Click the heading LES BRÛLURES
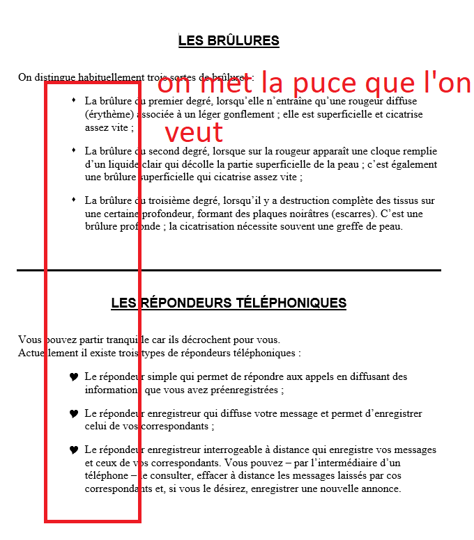coord(229,40)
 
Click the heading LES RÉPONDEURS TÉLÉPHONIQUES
coord(229,303)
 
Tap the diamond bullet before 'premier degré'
coord(74,100)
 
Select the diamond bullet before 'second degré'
coord(74,150)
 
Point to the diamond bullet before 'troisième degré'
coord(74,200)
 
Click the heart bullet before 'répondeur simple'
coord(74,376)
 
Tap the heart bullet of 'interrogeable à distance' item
coord(74,450)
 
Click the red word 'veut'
coord(194,132)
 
